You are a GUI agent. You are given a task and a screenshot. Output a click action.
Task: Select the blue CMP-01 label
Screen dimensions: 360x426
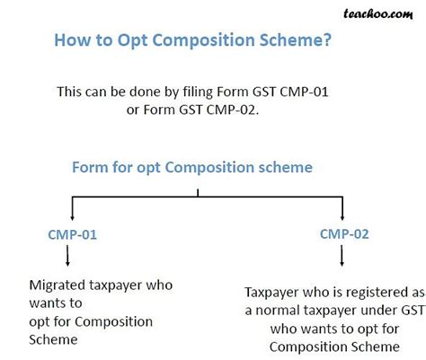click(72, 235)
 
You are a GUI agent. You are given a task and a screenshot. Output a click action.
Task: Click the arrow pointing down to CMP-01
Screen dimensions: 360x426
click(73, 212)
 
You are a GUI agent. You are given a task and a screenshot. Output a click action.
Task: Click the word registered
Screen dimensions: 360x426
click(351, 292)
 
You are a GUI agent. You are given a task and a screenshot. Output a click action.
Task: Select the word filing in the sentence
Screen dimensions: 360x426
click(209, 91)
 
